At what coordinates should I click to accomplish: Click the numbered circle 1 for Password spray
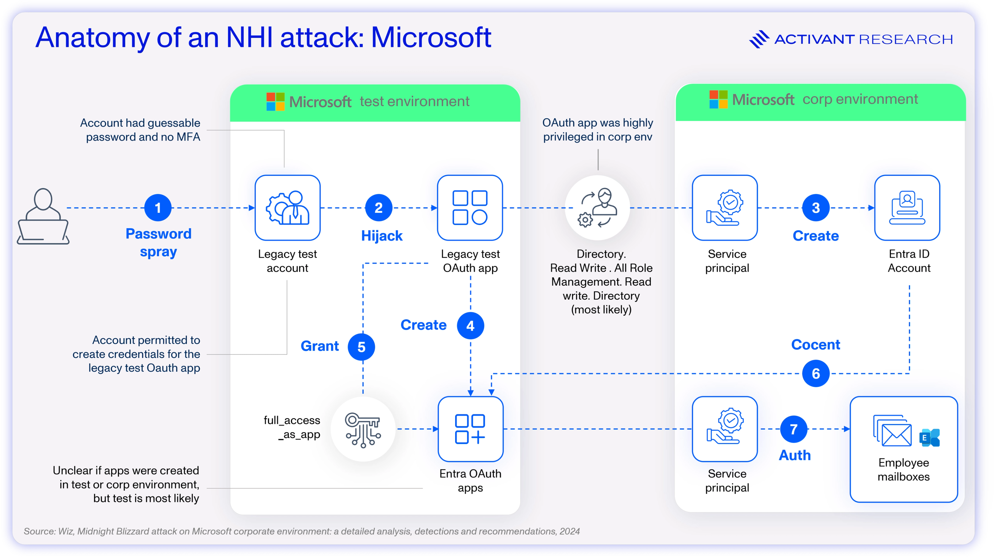point(158,208)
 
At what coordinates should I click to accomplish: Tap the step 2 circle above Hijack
point(379,208)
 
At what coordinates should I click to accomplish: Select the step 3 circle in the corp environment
point(816,208)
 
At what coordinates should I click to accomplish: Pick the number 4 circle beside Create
point(470,326)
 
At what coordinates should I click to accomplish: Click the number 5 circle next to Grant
point(361,347)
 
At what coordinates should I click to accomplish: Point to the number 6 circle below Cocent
point(816,374)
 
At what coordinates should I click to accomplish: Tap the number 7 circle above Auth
point(793,429)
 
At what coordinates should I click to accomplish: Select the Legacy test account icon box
point(288,208)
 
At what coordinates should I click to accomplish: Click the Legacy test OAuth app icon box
point(470,208)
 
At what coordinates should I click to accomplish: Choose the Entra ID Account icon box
point(907,208)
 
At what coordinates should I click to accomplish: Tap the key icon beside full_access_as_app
point(363,429)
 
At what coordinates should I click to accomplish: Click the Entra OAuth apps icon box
point(470,429)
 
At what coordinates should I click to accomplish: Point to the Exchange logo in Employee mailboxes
point(929,438)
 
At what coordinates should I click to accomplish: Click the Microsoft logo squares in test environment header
point(275,102)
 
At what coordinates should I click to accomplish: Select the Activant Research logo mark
point(759,39)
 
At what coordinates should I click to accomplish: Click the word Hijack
point(382,236)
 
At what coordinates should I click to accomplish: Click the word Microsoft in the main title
point(431,38)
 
